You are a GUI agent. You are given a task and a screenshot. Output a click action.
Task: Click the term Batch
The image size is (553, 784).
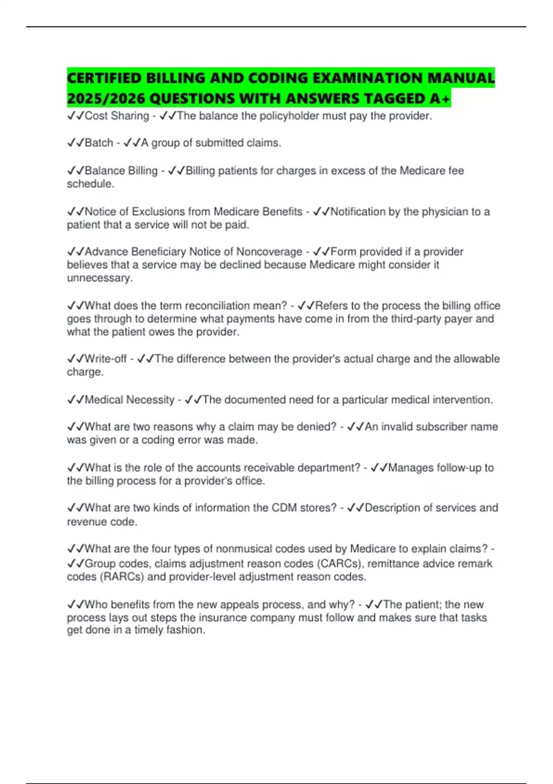pyautogui.click(x=99, y=143)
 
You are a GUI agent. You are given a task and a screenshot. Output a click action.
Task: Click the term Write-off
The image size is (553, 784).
pyautogui.click(x=106, y=359)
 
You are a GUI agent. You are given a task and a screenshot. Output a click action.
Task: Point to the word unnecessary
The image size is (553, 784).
pyautogui.click(x=100, y=278)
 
